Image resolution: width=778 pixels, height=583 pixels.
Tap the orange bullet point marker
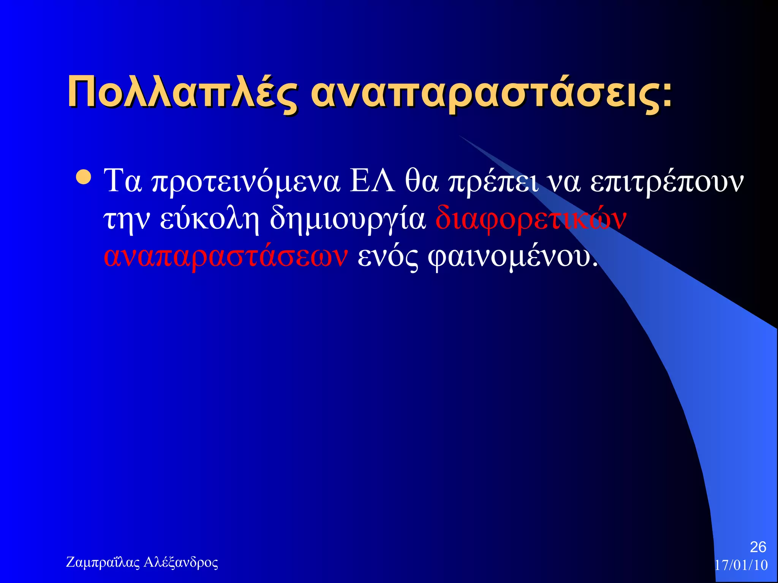click(83, 177)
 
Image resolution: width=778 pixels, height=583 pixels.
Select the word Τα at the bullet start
click(123, 181)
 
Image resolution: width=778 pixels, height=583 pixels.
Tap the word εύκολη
click(209, 219)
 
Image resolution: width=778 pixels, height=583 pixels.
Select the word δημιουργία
click(348, 220)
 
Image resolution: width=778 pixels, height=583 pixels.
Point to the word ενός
click(388, 257)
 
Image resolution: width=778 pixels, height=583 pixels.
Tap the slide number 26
click(758, 547)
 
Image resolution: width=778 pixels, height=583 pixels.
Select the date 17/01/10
click(741, 565)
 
